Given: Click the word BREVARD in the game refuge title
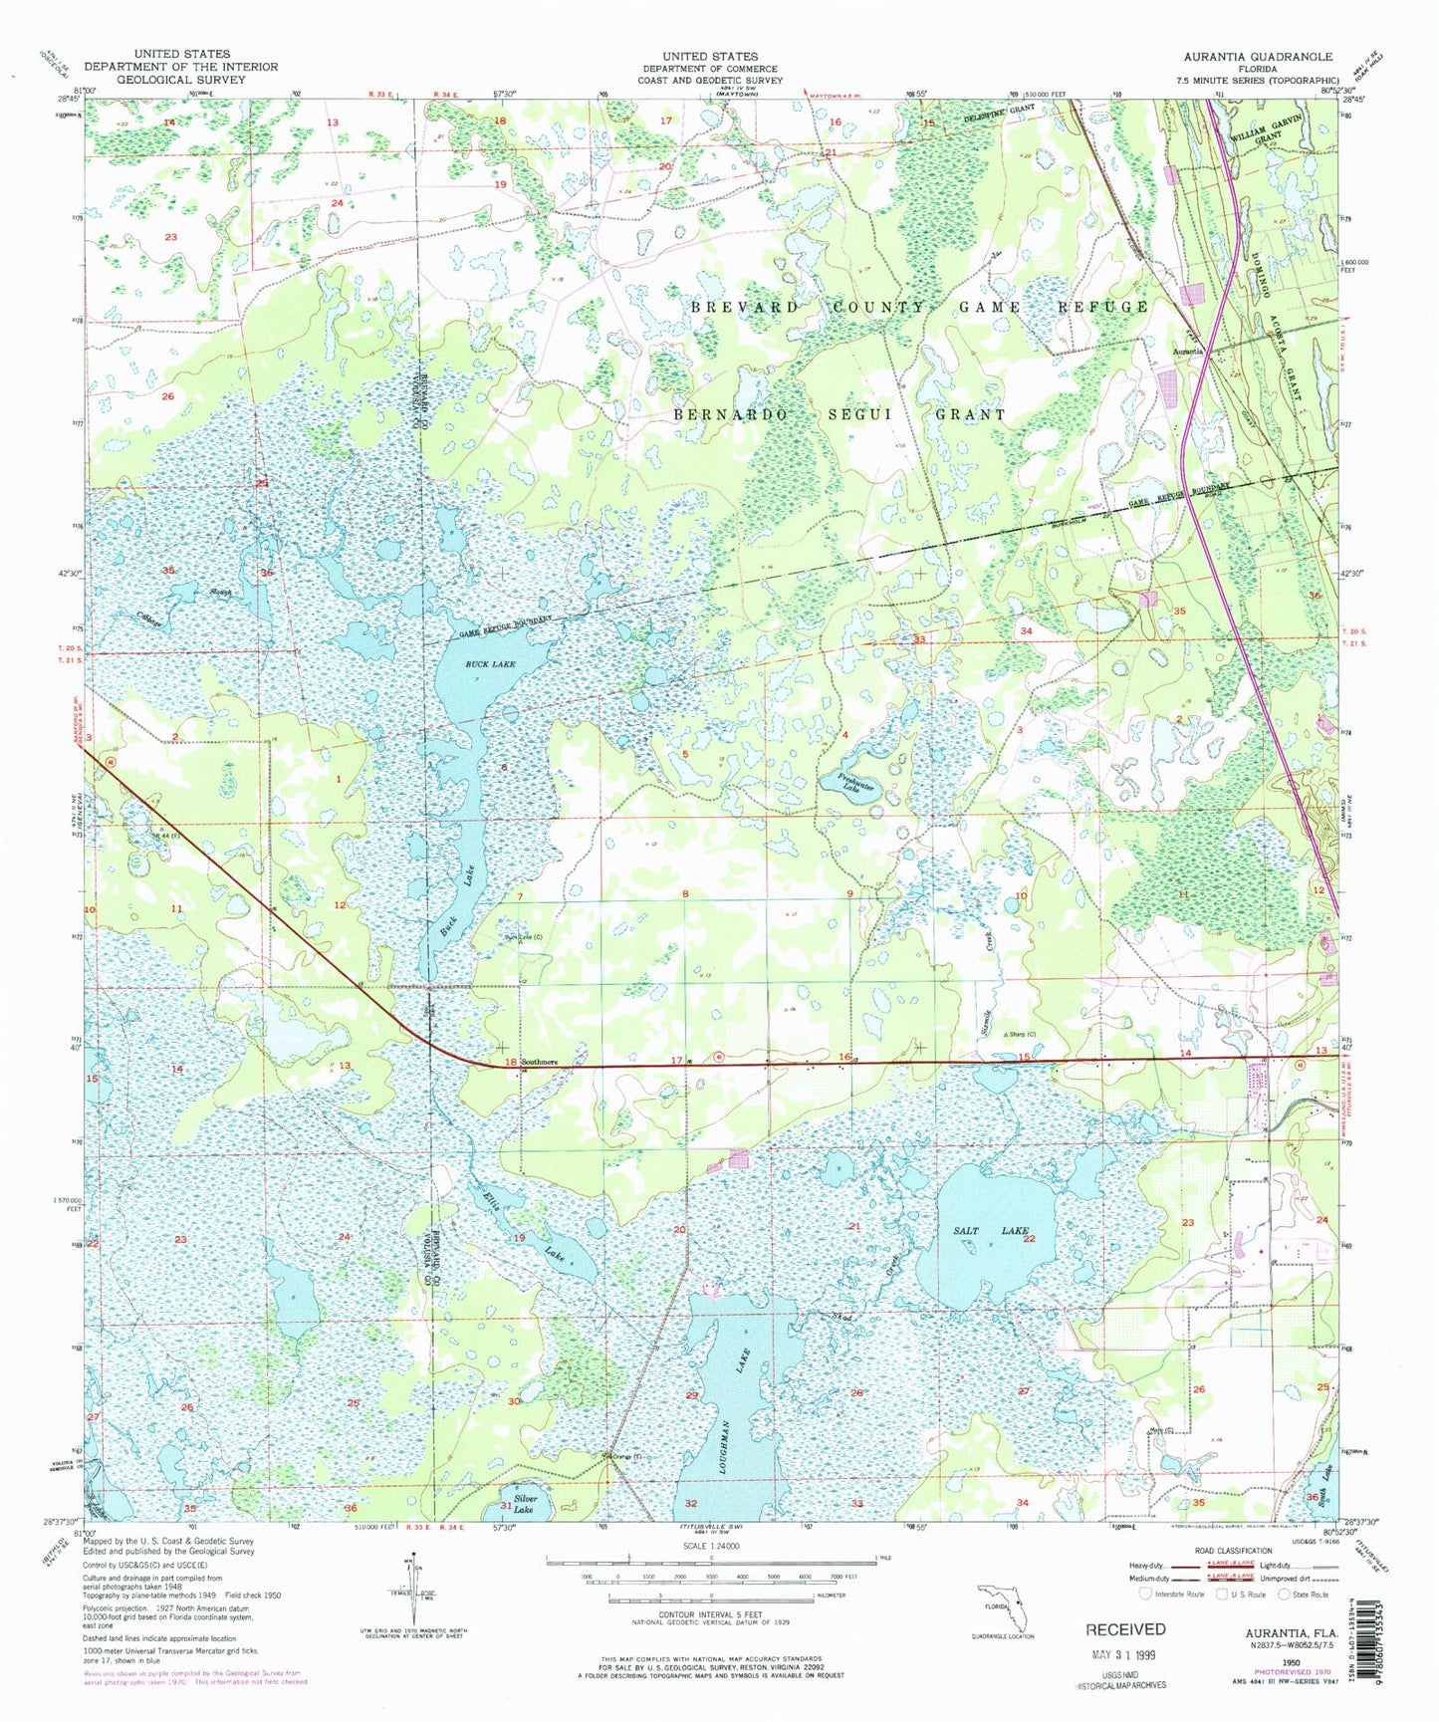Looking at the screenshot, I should [x=744, y=307].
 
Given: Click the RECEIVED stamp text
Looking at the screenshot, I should [x=1125, y=1629].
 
